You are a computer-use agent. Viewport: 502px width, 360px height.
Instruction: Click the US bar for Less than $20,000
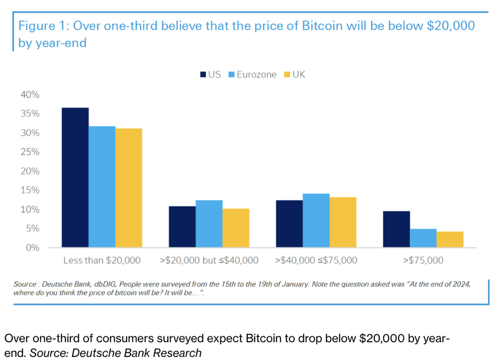(75, 177)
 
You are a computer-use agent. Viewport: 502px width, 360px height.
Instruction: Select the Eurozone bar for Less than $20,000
(102, 187)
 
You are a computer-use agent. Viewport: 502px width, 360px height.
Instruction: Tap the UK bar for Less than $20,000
(129, 188)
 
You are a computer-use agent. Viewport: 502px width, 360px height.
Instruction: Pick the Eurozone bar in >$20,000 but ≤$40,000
(209, 224)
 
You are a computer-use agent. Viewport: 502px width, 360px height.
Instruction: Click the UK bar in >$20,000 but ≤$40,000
(236, 228)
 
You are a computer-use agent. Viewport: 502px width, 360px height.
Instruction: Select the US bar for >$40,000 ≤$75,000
(289, 224)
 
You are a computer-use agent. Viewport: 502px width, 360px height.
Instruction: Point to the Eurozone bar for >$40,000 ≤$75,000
(316, 220)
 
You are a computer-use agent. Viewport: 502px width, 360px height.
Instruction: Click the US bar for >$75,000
(396, 229)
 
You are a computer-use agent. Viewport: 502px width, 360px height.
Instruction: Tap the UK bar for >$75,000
(450, 239)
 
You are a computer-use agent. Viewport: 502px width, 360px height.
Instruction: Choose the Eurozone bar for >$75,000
(423, 238)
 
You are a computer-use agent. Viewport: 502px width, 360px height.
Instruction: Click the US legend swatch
(203, 74)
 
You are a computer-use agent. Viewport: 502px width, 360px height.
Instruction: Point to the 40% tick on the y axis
(31, 95)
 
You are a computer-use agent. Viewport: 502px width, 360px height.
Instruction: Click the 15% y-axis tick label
(31, 190)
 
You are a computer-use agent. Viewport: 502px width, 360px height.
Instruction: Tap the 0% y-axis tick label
(32, 248)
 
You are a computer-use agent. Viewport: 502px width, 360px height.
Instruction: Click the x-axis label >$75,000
(423, 260)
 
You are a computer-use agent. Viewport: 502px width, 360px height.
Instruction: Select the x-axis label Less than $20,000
(102, 260)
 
